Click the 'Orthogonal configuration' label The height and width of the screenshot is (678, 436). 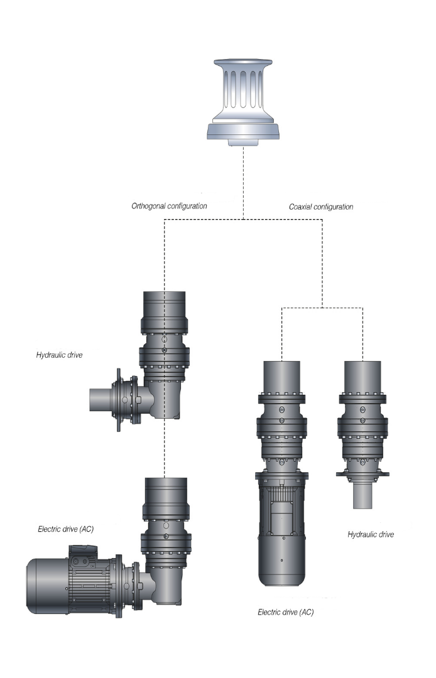pyautogui.click(x=169, y=205)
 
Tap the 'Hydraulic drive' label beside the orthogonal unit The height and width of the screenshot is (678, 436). pyautogui.click(x=59, y=355)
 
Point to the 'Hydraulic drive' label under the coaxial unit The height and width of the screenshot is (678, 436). pyautogui.click(x=370, y=534)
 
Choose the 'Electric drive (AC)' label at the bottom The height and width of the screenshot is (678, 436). pyautogui.click(x=285, y=611)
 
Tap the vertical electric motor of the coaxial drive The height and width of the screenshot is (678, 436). pyautogui.click(x=281, y=527)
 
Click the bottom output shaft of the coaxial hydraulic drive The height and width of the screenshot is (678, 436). pyautogui.click(x=362, y=497)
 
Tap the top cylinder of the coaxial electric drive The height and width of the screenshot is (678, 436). pyautogui.click(x=281, y=377)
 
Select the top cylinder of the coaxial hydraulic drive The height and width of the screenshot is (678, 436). pyautogui.click(x=362, y=377)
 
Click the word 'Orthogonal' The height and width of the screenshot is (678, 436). pyautogui.click(x=149, y=205)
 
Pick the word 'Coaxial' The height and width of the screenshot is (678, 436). pyautogui.click(x=300, y=206)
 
